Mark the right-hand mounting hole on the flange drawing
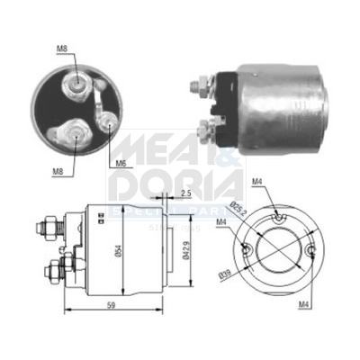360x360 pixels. (x=311, y=253)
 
